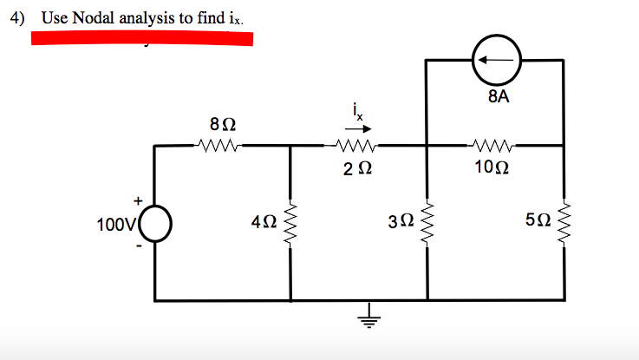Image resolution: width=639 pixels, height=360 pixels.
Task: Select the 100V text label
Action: [113, 226]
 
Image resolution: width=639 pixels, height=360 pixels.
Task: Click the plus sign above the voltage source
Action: [136, 200]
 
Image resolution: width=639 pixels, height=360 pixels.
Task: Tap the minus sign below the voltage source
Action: [136, 246]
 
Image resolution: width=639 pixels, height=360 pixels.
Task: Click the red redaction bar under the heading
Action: [142, 38]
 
